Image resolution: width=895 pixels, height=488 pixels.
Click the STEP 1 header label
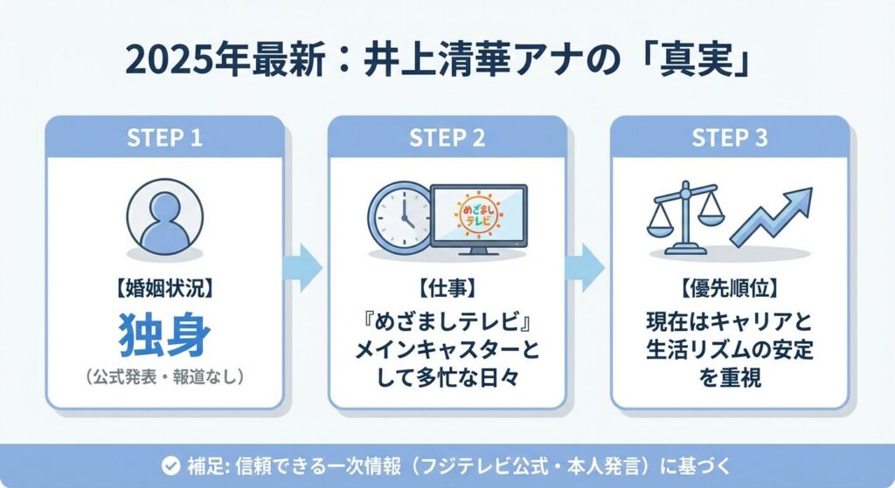pos(164,139)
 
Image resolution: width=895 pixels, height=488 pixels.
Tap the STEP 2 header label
pos(447,139)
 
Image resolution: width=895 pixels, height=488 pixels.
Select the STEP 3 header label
pos(730,139)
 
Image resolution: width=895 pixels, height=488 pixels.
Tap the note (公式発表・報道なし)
pos(164,377)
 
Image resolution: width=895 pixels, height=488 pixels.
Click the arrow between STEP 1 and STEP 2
pos(305,266)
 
